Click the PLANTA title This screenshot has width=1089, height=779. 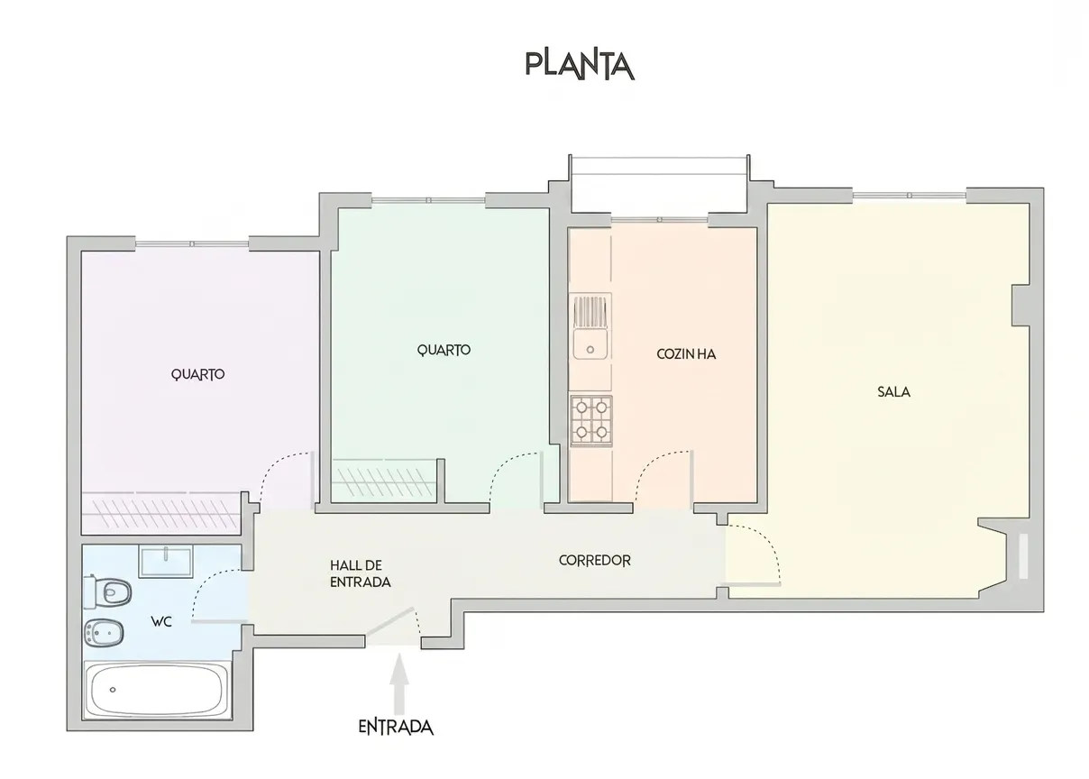[x=580, y=65]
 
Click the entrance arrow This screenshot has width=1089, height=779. [x=399, y=683]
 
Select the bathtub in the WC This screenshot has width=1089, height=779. [x=156, y=690]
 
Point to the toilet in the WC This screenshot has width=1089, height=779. [x=108, y=592]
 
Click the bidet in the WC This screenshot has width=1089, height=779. [x=104, y=633]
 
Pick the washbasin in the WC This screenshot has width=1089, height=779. [x=166, y=561]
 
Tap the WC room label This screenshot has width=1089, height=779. [x=161, y=621]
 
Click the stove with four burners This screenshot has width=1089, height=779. [x=591, y=421]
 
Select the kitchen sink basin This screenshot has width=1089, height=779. [x=590, y=344]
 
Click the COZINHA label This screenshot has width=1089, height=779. [x=686, y=354]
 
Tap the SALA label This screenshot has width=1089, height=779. [x=893, y=392]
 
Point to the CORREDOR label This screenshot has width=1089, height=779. [x=595, y=561]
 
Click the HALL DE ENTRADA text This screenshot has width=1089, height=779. [x=361, y=573]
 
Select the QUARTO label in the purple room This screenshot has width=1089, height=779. [x=197, y=374]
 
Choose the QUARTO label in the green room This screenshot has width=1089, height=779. [x=444, y=350]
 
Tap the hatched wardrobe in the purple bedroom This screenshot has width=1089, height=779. [x=161, y=513]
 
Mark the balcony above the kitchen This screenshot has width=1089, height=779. [x=659, y=185]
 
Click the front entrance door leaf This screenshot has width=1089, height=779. [x=390, y=621]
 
